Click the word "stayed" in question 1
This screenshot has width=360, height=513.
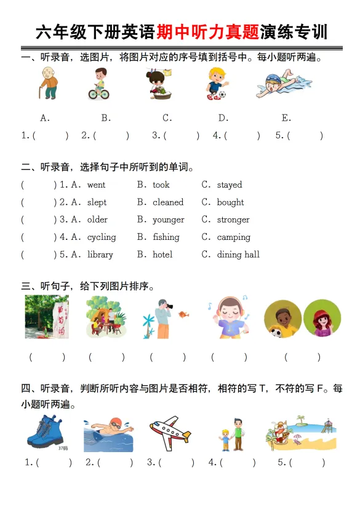pos(230,185)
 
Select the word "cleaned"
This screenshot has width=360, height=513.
pos(168,202)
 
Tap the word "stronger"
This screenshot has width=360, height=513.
pos(233,220)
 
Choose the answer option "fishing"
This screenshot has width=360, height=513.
pos(166,237)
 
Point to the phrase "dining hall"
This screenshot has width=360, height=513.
pos(238,254)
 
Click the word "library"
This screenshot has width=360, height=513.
pos(100,254)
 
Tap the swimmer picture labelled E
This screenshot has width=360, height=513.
pos(282,85)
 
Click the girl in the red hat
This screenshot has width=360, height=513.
pos(322,319)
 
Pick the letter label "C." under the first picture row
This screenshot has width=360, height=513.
pos(167,118)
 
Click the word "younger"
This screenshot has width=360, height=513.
pos(168,220)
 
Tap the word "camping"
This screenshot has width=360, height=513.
pos(233,237)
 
